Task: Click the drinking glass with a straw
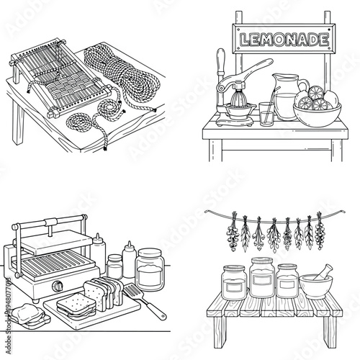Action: (x=266, y=112)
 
